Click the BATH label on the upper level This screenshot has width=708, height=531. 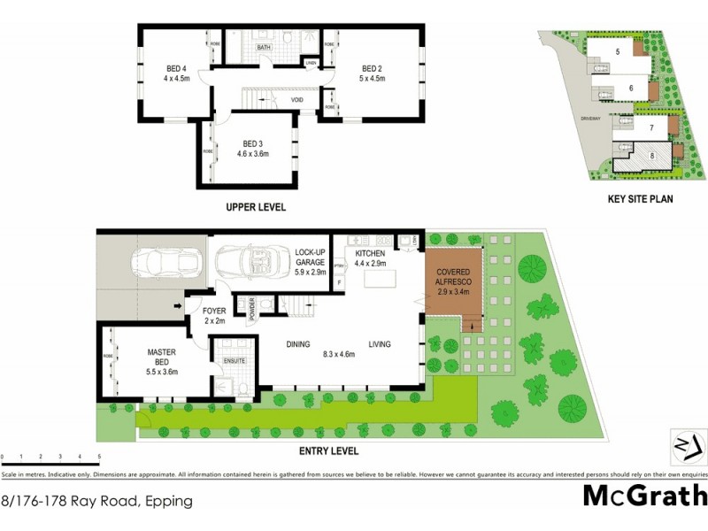point(264,47)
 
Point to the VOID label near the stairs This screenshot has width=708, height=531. point(298,100)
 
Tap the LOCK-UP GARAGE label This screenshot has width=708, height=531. point(312,257)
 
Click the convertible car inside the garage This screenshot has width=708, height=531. point(252,262)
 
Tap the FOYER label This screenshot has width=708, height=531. point(214,312)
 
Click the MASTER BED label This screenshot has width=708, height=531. point(162,358)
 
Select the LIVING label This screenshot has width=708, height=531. point(381,345)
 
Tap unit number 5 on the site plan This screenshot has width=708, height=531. point(618,52)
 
